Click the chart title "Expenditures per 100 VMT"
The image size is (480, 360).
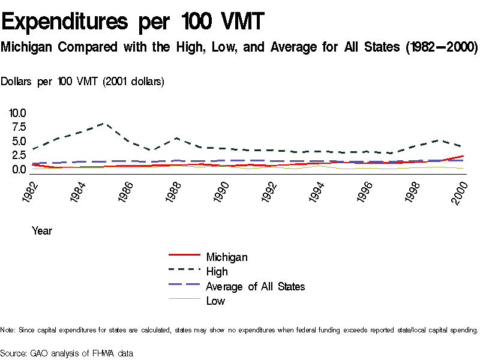point(133,22)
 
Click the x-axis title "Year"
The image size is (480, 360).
point(42,230)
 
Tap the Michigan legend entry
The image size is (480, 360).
point(227,257)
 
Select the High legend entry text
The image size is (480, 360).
point(217,272)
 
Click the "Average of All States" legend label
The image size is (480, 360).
point(255,286)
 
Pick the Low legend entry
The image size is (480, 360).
point(215,301)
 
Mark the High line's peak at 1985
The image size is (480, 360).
point(104,124)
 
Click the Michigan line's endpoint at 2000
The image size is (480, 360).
point(463,156)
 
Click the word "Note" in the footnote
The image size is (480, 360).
point(8,330)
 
